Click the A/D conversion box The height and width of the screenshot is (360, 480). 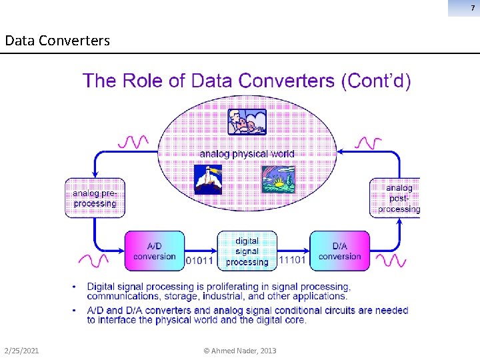pos(154,251)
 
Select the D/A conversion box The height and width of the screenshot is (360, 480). pos(339,251)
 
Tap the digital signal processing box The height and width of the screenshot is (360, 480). pos(247,251)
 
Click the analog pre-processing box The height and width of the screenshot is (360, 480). pos(95,198)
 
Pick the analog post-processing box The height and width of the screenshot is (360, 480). pos(396,198)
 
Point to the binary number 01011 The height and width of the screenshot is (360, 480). pos(199,261)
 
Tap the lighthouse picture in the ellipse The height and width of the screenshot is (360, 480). pos(207,179)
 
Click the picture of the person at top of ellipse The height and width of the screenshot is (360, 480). pos(247,122)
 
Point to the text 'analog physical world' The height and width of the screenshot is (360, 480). pos(247,153)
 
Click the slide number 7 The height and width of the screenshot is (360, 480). pos(472,7)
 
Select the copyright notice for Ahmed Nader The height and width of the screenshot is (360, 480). pos(239,351)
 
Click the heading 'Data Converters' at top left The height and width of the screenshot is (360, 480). pos(57,41)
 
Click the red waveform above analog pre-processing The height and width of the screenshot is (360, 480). pos(133,141)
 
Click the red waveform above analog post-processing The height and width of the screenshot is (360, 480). pos(369,142)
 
